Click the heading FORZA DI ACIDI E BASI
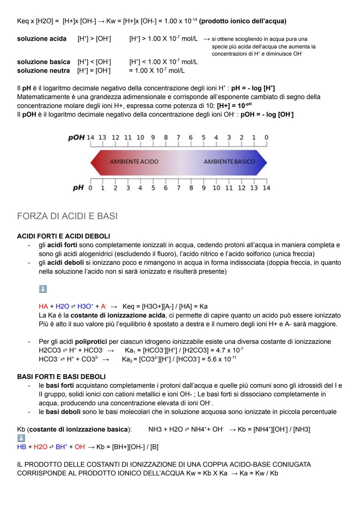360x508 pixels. [67, 216]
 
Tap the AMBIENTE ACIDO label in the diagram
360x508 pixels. [134, 162]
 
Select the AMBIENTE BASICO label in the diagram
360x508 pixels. [229, 162]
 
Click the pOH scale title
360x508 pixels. [76, 138]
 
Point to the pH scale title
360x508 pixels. [78, 188]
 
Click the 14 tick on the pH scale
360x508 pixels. [266, 188]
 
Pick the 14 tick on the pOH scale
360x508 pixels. [90, 138]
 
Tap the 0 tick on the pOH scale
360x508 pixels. [266, 138]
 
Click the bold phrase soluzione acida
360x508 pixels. [42, 39]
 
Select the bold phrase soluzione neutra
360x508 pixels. [43, 71]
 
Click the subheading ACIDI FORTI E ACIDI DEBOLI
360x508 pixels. [63, 236]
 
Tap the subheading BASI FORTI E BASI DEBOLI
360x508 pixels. [61, 377]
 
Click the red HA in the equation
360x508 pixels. [43, 306]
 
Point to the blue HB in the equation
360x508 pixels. [21, 447]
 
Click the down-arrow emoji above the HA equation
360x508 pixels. [43, 289]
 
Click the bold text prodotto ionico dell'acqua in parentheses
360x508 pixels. [243, 21]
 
